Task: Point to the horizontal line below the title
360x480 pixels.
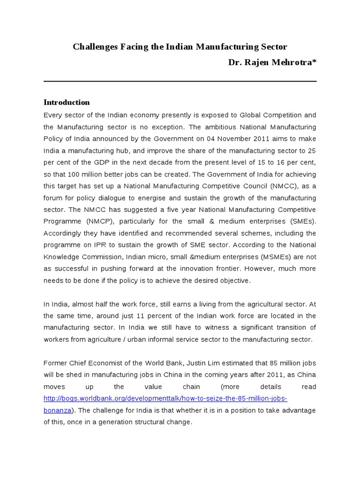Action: click(180, 81)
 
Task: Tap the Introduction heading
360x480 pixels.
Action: click(67, 102)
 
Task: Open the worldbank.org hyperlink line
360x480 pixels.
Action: click(165, 398)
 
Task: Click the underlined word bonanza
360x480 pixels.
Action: click(57, 410)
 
